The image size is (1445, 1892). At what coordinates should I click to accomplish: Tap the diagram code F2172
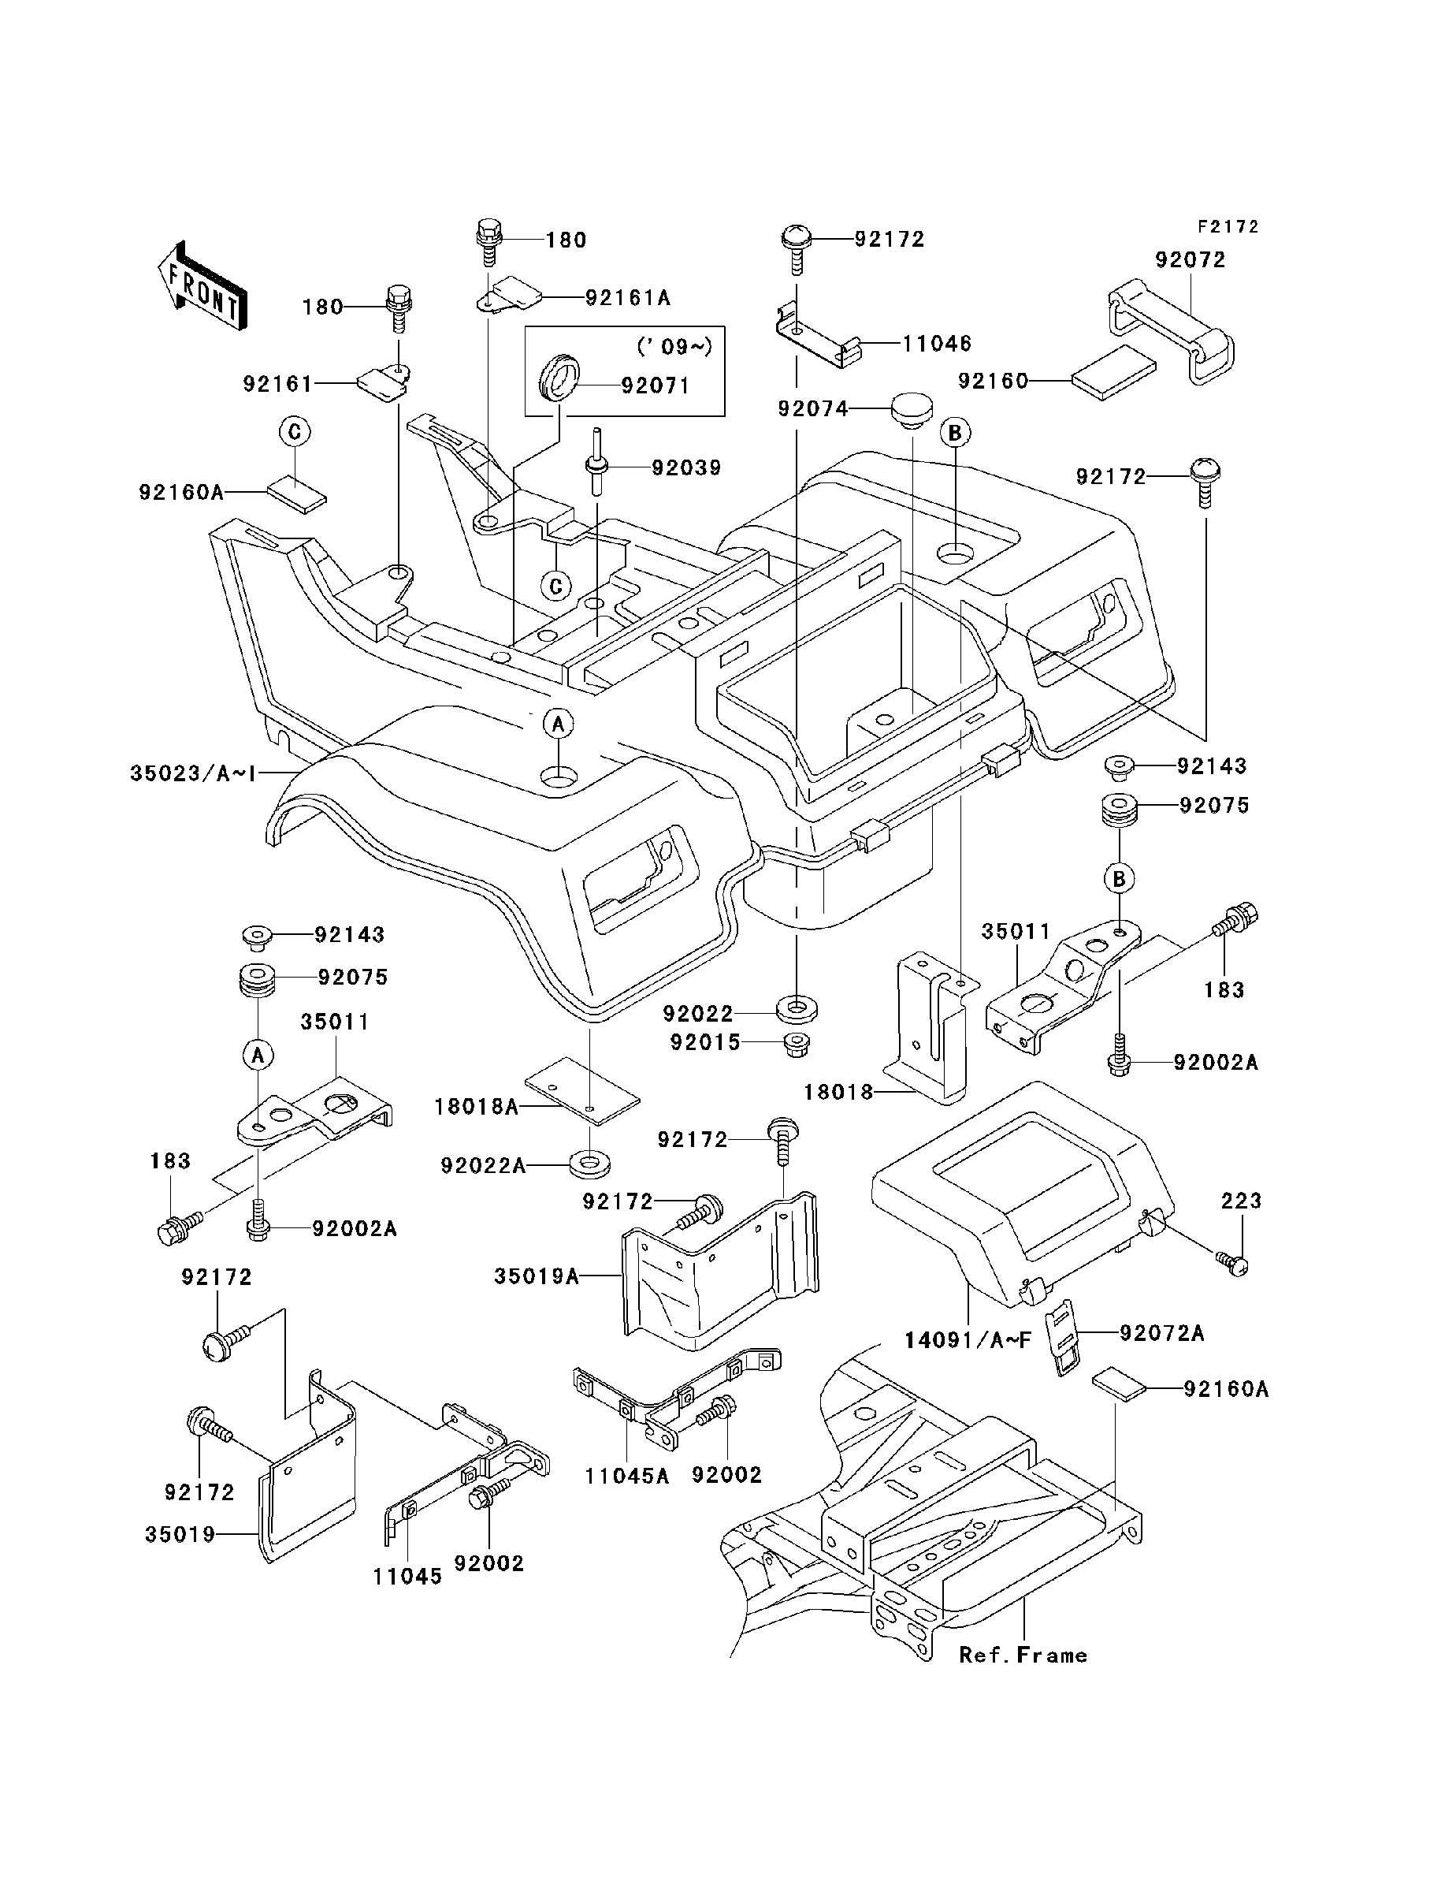1228,226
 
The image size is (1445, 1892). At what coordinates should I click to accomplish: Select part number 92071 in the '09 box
656,385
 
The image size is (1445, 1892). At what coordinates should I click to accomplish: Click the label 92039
685,468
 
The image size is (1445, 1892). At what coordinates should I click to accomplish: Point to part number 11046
936,345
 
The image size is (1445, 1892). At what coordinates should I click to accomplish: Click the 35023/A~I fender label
193,773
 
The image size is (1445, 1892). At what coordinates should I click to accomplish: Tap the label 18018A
476,1107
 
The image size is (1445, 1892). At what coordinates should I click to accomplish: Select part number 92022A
482,1166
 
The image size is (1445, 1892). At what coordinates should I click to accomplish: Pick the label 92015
705,1043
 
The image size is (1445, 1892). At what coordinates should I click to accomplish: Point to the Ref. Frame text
1023,1655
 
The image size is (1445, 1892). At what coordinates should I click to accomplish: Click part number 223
1240,1201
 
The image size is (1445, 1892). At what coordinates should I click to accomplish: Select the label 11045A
626,1476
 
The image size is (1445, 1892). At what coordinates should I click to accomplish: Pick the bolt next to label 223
1233,1263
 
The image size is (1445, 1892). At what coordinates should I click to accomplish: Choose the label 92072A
1161,1333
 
